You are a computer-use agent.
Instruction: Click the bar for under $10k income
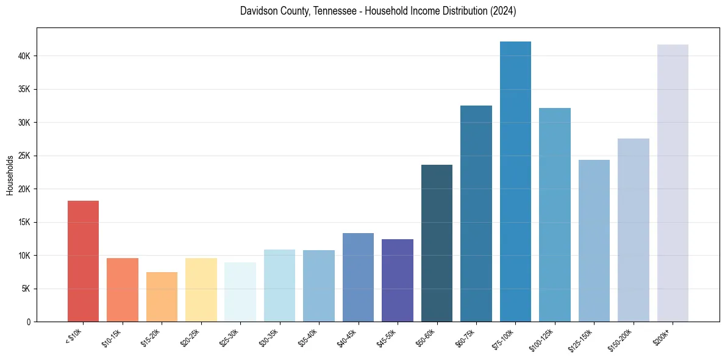(83, 261)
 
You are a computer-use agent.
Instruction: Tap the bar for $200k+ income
(673, 183)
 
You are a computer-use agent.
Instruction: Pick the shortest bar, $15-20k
(162, 297)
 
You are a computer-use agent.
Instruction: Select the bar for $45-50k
(398, 281)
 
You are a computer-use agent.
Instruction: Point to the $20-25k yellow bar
(201, 290)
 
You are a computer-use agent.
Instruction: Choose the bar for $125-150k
(594, 241)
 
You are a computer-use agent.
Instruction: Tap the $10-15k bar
(123, 290)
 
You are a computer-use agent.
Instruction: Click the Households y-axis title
(10, 175)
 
